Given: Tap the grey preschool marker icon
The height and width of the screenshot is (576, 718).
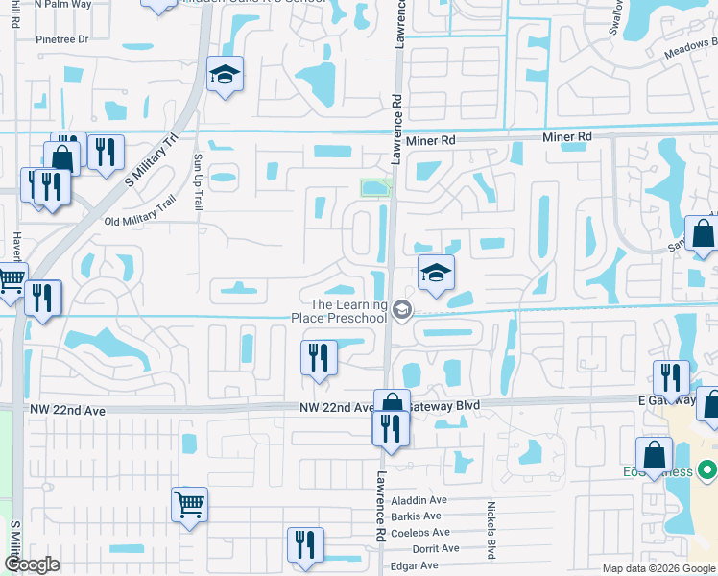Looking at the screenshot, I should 401,309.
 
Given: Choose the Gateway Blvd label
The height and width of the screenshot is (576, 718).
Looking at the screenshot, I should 444,406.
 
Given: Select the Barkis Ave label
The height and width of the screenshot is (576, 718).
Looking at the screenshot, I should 421,516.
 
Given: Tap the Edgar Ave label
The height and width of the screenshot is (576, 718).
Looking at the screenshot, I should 416,565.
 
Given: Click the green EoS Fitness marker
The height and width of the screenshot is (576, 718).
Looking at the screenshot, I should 707,471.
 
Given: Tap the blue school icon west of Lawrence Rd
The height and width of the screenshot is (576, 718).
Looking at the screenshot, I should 225,74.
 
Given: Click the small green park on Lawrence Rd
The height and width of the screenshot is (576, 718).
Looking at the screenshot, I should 374,187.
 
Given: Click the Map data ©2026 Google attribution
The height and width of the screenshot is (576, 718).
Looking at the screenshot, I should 658,568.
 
